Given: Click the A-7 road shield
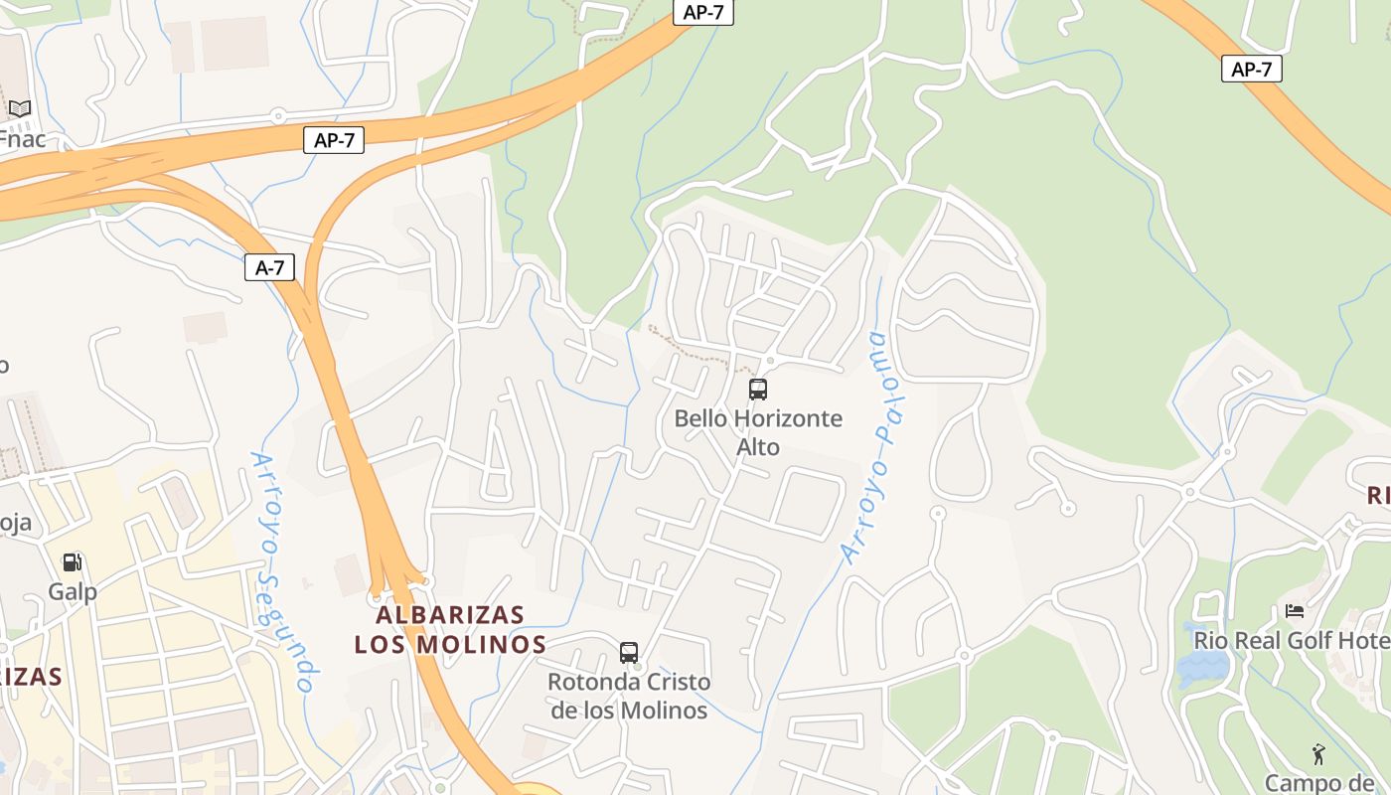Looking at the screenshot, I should pyautogui.click(x=269, y=267).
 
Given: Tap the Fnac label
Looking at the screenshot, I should pyautogui.click(x=22, y=139).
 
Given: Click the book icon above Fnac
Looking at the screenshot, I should pyautogui.click(x=20, y=109).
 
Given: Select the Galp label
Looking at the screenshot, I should pyautogui.click(x=73, y=592).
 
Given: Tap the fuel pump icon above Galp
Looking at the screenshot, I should pyautogui.click(x=72, y=562).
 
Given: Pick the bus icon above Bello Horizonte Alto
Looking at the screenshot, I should pyautogui.click(x=758, y=390).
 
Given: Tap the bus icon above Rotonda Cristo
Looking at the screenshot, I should pyautogui.click(x=629, y=653).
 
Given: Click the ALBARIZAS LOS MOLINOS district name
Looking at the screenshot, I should pyautogui.click(x=450, y=629).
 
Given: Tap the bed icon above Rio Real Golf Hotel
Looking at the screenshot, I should pyautogui.click(x=1294, y=610).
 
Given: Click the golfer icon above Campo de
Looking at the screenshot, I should pyautogui.click(x=1318, y=754).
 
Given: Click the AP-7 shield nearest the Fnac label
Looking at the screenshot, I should pyautogui.click(x=334, y=140).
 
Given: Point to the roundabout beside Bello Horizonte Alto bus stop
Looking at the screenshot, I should pyautogui.click(x=770, y=360).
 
